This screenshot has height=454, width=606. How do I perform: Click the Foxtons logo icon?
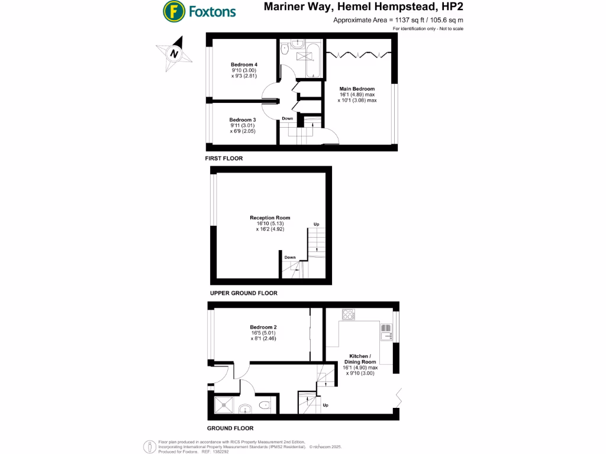pos(173,11)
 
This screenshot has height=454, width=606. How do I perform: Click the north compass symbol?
pos(174,53)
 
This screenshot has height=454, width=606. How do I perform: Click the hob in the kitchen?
pos(349,314)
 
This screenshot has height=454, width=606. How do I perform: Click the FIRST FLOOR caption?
pos(224,158)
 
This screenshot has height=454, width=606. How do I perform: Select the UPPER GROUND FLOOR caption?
pos(243,293)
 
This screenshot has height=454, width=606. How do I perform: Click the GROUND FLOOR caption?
pos(230,428)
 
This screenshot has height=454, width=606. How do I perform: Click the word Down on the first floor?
pos(287,118)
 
